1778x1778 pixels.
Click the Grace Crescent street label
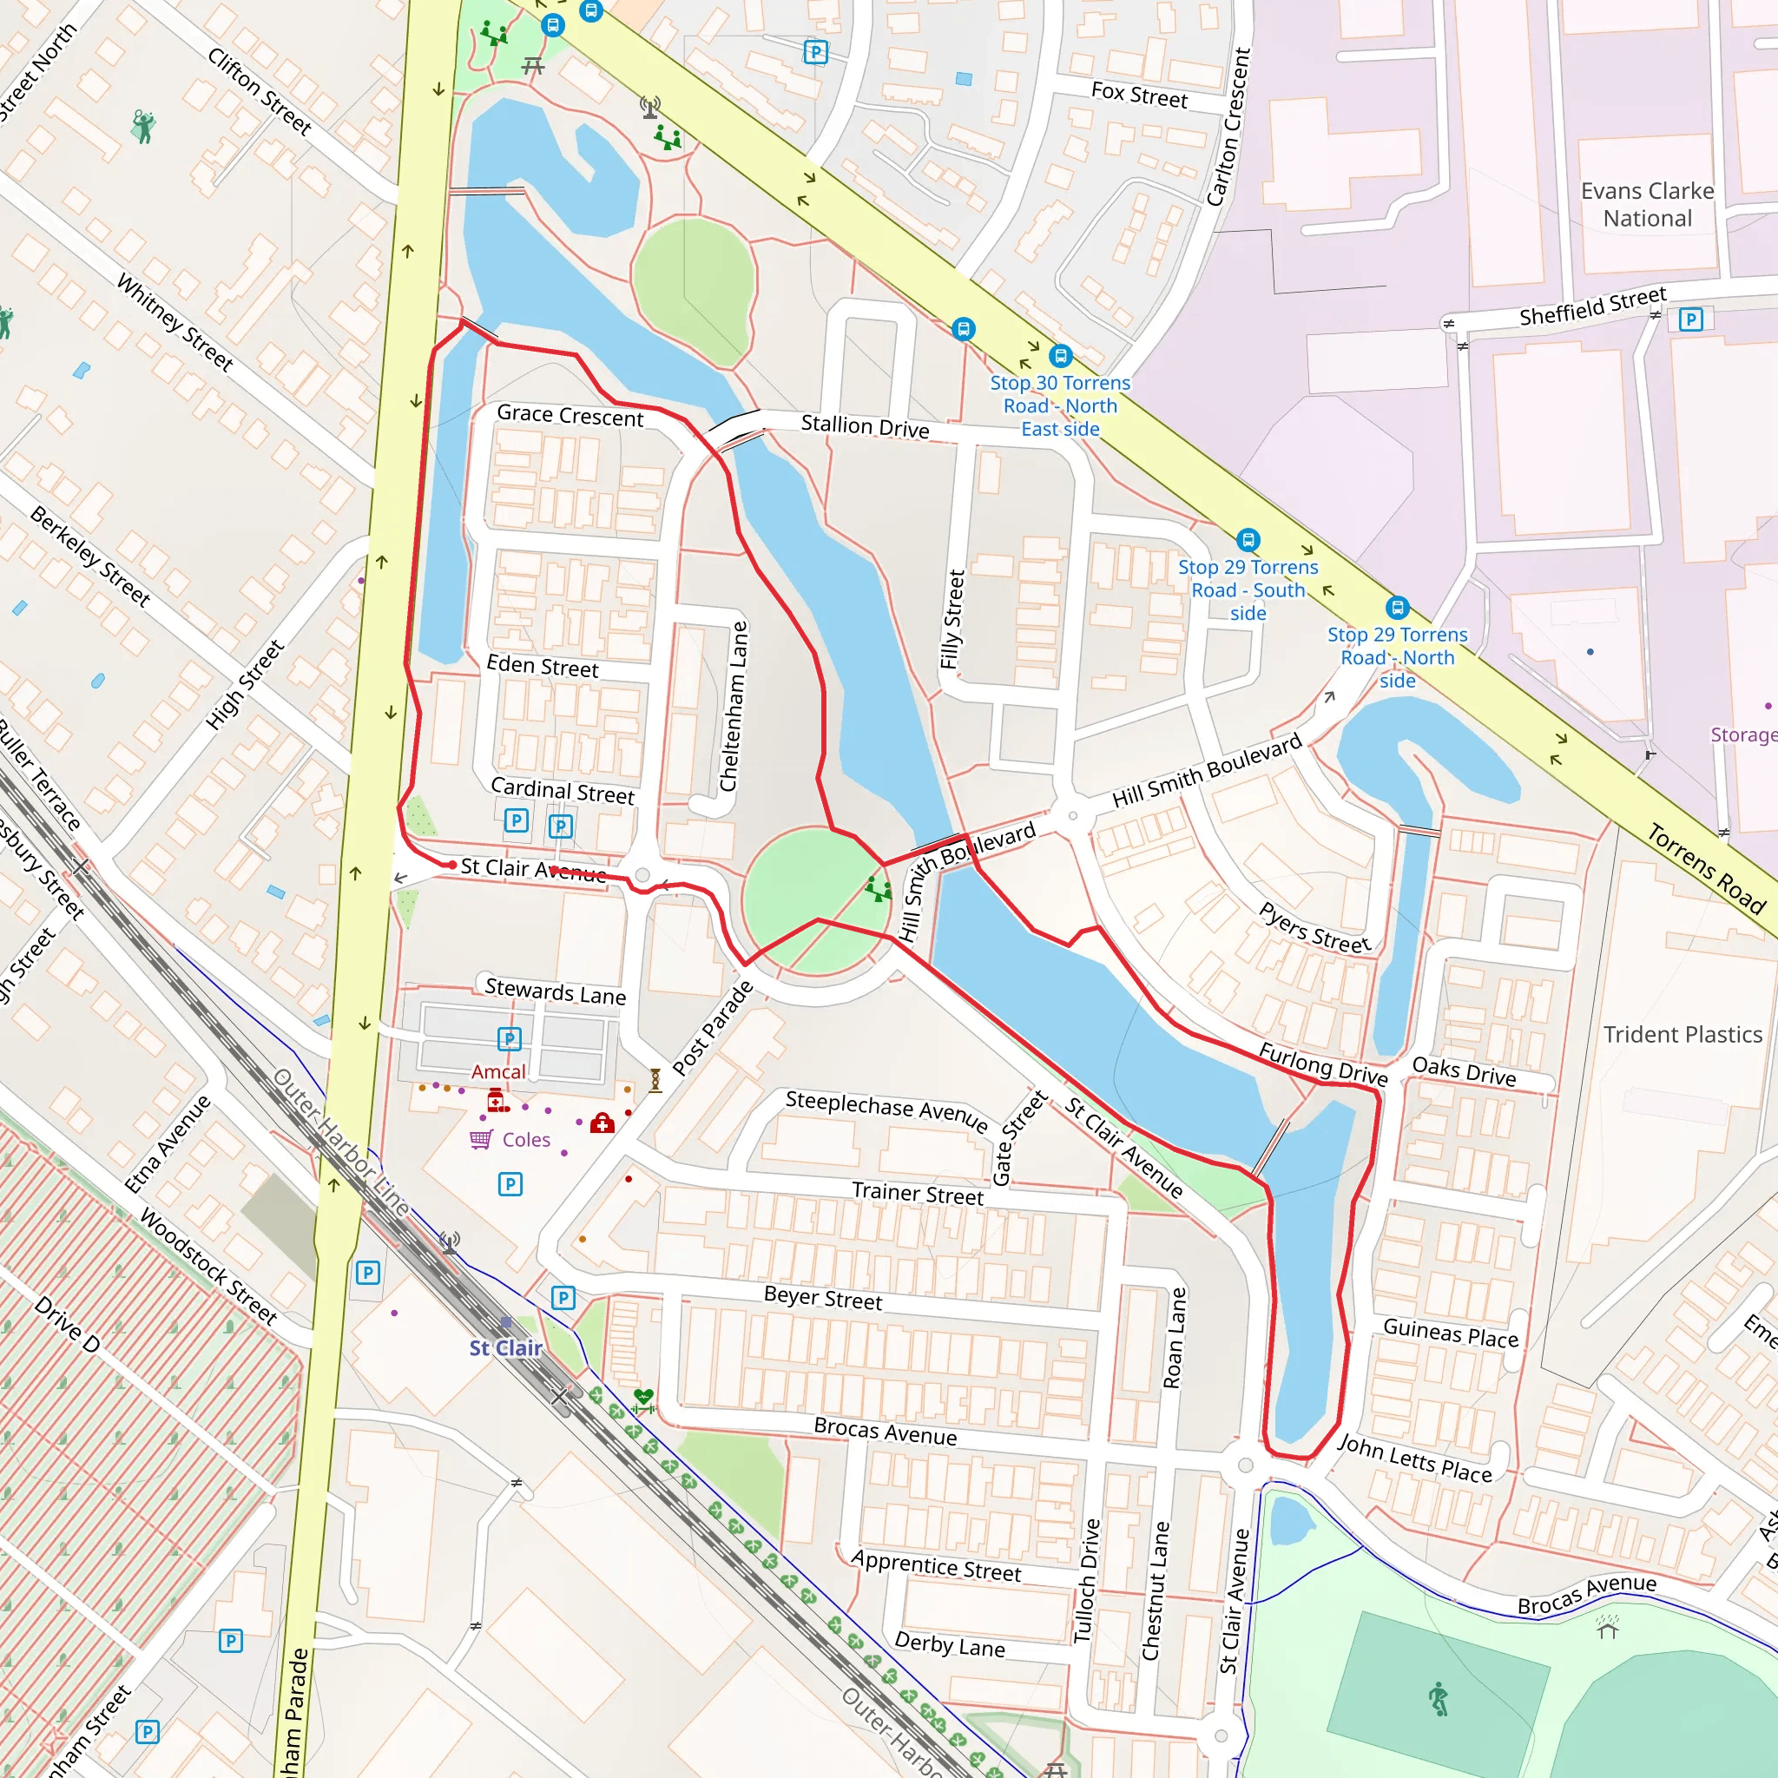coord(570,416)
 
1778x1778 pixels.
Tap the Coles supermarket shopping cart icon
coord(480,1139)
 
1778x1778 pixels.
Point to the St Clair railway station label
coord(505,1347)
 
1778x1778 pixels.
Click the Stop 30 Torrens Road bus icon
coord(1060,355)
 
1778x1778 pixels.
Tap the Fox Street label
coord(1138,95)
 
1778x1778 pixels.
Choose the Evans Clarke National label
coord(1647,204)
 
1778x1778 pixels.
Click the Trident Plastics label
coord(1683,1034)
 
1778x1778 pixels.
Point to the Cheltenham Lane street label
coord(734,706)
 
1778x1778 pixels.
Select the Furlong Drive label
coord(1322,1064)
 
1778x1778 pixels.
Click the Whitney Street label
coord(175,322)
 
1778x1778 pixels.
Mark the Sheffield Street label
coord(1592,306)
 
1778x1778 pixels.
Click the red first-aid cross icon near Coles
coord(602,1123)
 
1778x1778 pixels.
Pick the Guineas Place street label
coord(1451,1333)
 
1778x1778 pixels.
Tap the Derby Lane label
coord(950,1644)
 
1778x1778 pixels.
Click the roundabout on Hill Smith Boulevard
coord(1072,815)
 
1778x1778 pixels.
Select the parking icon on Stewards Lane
coord(509,1039)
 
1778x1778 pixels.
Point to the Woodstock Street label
coord(208,1267)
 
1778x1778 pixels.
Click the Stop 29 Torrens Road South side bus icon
coord(1248,539)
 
